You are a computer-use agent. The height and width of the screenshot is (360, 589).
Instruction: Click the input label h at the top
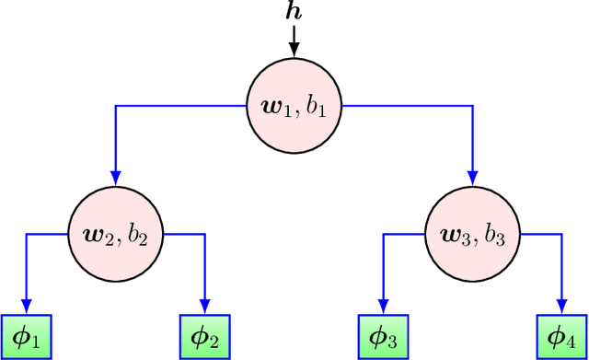(x=294, y=11)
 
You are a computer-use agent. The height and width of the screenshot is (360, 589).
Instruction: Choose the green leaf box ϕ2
(x=204, y=337)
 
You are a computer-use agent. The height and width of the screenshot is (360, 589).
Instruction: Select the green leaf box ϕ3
(x=384, y=337)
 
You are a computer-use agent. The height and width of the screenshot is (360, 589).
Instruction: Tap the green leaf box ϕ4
(x=562, y=337)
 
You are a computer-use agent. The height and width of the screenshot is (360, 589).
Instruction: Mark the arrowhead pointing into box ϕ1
(x=25, y=308)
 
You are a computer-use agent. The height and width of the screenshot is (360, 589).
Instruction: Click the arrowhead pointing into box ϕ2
(x=204, y=308)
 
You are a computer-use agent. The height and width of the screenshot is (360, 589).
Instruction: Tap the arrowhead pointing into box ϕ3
(x=384, y=308)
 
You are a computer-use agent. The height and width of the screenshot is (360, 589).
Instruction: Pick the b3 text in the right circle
(x=493, y=235)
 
